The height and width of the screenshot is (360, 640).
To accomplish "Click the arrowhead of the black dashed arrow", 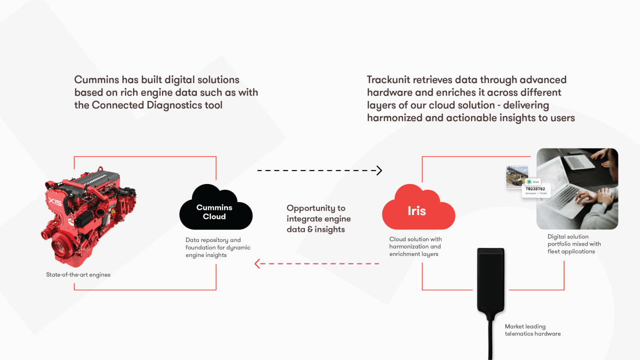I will (x=379, y=170).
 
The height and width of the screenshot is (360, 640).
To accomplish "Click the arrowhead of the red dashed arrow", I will (x=257, y=263).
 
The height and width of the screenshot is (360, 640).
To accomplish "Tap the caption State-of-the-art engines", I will (x=78, y=274).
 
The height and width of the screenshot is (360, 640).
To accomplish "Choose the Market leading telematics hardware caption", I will (x=532, y=330).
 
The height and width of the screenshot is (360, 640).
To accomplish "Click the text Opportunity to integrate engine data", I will (x=318, y=218).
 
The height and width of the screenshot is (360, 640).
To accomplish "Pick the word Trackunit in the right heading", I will (x=388, y=80).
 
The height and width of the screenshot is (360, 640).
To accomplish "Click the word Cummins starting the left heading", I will (x=96, y=80).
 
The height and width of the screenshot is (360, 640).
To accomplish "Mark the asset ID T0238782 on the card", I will (x=535, y=188).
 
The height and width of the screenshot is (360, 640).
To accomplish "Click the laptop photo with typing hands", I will (x=577, y=189).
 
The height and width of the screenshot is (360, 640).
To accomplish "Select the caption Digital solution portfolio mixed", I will (x=574, y=244).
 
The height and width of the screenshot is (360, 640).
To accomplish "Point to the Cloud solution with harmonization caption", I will (x=415, y=246).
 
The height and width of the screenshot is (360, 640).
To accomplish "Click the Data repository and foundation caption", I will (x=217, y=247).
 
